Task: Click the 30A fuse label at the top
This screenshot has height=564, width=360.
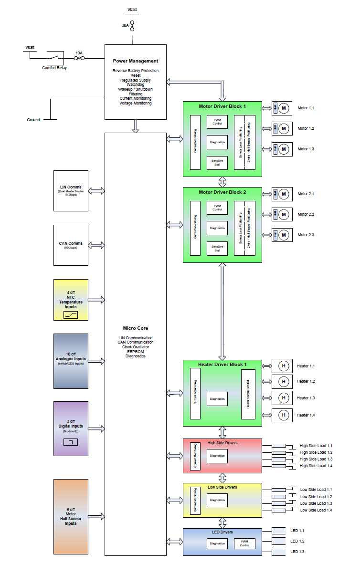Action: [x=125, y=25]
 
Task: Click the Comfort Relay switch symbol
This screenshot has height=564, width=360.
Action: [x=55, y=58]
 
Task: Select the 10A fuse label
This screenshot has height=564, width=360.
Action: [x=79, y=53]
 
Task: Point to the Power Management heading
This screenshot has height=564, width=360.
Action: [x=136, y=61]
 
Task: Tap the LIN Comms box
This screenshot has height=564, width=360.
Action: [x=71, y=190]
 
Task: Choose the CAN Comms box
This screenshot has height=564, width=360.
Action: [x=71, y=245]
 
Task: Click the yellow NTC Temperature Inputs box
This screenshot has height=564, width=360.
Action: [x=71, y=300]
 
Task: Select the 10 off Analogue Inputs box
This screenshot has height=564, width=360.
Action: [x=71, y=361]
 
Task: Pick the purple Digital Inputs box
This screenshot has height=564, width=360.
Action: [x=71, y=428]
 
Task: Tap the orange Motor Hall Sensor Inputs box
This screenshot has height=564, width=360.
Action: [x=71, y=517]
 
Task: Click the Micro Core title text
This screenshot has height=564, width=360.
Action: [x=136, y=328]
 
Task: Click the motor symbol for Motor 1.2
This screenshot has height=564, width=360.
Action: [x=283, y=128]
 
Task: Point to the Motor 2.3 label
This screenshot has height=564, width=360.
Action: [x=306, y=235]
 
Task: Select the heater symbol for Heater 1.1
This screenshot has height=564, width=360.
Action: [x=283, y=366]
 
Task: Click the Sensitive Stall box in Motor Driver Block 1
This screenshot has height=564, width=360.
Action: [x=217, y=162]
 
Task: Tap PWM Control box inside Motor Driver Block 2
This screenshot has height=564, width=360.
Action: [x=217, y=207]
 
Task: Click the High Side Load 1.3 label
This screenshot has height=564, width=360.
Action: [x=316, y=459]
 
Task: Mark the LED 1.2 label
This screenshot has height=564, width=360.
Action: [x=297, y=541]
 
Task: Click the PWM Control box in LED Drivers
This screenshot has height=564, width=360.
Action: [x=244, y=543]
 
